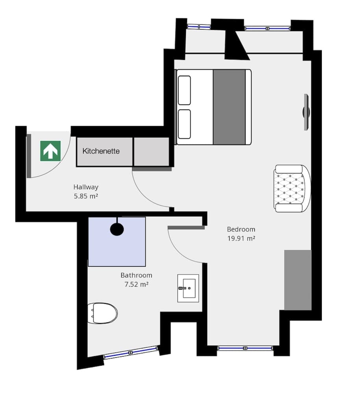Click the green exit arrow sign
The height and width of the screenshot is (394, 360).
[x=50, y=151]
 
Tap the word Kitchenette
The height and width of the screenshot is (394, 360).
[x=101, y=151]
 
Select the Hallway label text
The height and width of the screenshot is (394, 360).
[x=86, y=187]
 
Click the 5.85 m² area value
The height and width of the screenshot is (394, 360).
[x=86, y=196]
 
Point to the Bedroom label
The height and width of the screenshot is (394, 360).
[x=241, y=229]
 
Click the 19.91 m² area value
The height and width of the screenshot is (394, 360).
[x=241, y=238]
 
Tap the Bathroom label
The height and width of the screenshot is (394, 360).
[x=136, y=275]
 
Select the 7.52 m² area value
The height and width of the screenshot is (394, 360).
[x=136, y=284]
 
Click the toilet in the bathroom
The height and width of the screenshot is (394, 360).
[x=102, y=313]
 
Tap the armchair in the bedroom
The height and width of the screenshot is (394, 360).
[x=292, y=188]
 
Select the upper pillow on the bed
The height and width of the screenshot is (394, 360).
[x=184, y=90]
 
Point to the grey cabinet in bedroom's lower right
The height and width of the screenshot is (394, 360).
[x=298, y=279]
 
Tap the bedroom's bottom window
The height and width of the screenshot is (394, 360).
[x=245, y=348]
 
